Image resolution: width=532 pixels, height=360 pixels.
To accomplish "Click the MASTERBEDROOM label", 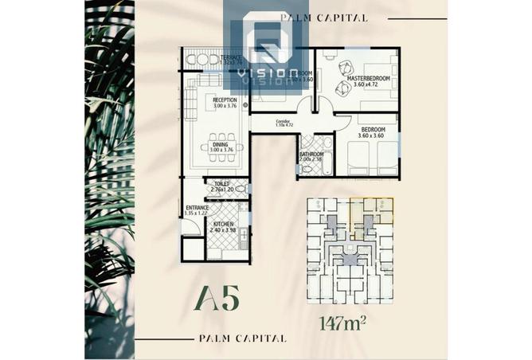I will [369, 78].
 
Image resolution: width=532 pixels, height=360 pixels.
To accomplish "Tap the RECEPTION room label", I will [225, 100].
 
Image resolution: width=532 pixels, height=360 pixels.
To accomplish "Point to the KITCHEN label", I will [223, 225].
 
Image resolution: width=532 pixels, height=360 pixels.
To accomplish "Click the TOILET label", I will [221, 183].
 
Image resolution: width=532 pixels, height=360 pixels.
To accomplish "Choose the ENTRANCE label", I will [197, 208].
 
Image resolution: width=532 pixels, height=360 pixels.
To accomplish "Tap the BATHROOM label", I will [311, 154].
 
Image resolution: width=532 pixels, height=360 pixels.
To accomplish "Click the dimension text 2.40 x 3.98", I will [224, 232].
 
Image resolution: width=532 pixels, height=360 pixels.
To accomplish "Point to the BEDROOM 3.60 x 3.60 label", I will [372, 132].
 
